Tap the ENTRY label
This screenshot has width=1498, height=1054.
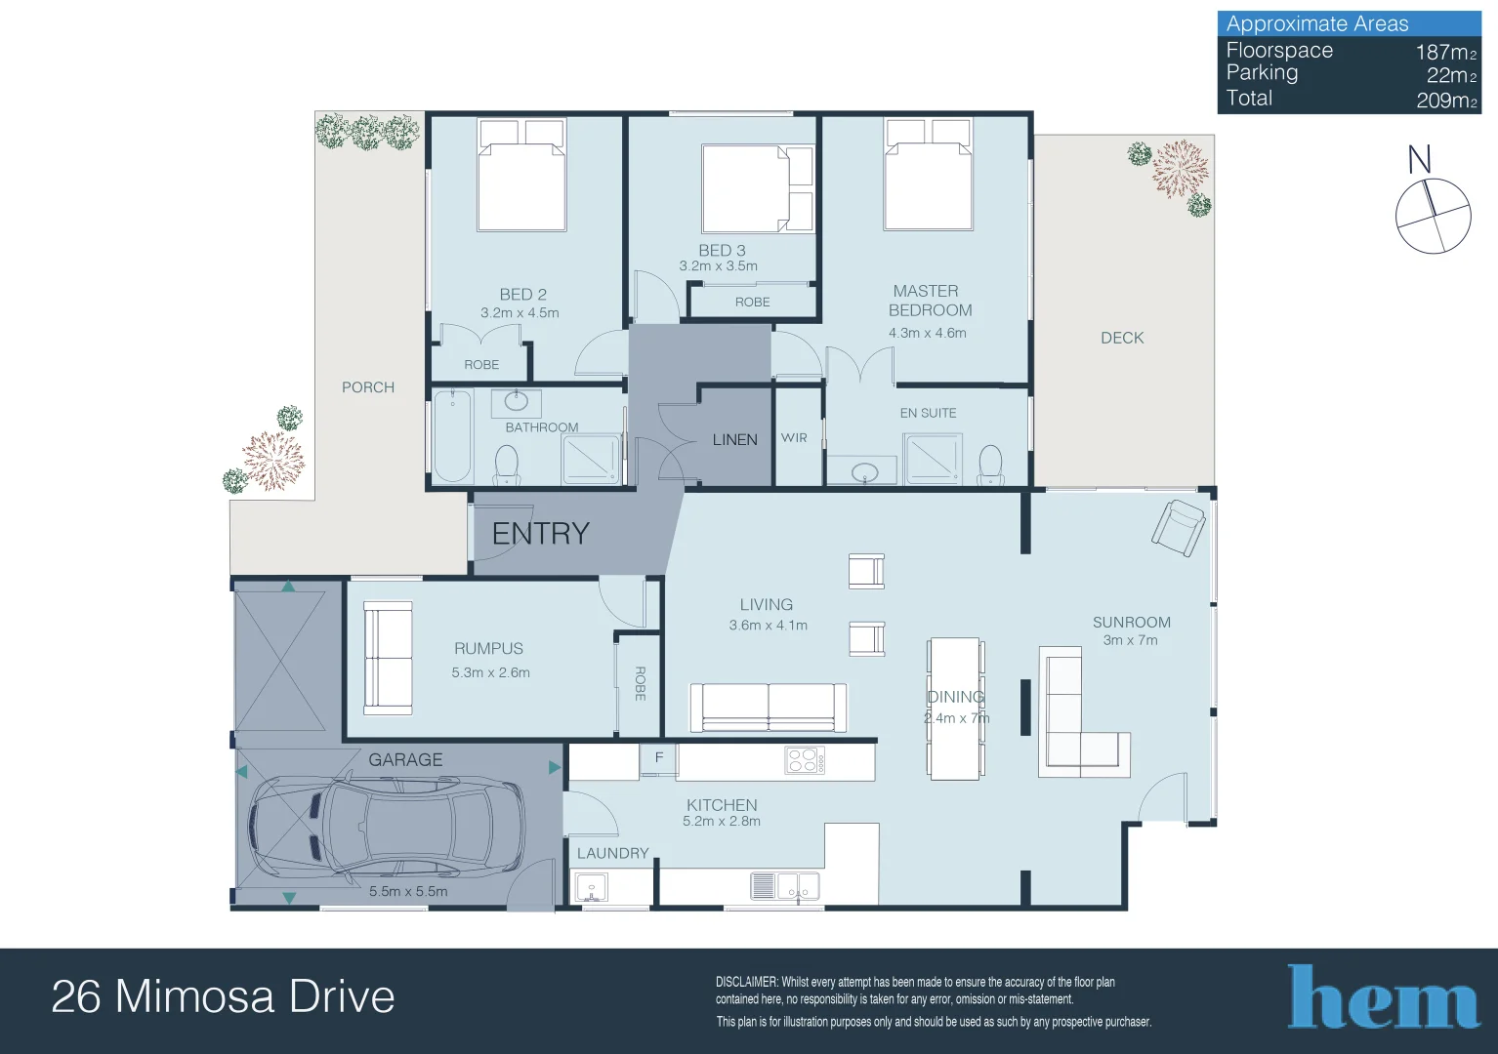540,534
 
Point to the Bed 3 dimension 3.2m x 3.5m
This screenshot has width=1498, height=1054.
718,266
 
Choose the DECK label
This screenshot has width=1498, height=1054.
1121,338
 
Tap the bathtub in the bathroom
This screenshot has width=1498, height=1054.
453,436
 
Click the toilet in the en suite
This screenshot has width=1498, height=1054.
990,465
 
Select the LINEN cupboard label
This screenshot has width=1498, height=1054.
734,440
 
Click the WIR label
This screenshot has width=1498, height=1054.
794,438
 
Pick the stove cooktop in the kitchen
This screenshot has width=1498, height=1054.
805,760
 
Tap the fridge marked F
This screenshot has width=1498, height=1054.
658,758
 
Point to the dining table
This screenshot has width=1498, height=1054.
954,709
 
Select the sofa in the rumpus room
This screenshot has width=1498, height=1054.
388,658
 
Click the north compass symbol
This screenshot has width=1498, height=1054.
1432,215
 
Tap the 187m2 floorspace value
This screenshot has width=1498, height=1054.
1445,52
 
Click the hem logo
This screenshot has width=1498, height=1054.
1383,997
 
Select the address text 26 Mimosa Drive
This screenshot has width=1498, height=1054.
223,996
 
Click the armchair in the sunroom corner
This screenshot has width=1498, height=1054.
1178,527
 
